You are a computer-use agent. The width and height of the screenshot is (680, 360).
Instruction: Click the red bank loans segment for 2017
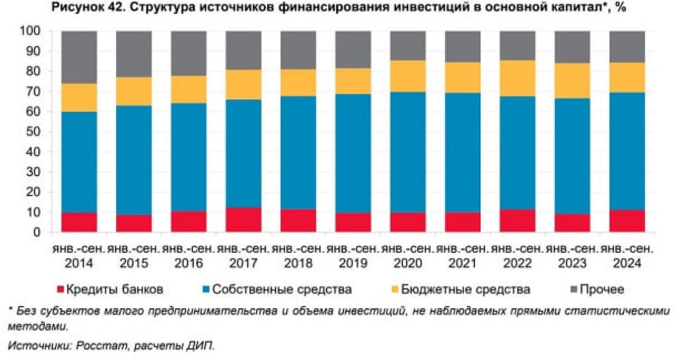click(x=243, y=220)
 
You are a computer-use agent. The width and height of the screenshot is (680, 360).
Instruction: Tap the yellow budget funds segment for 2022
click(x=517, y=78)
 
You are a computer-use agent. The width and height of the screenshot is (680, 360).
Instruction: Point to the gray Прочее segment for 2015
click(x=134, y=54)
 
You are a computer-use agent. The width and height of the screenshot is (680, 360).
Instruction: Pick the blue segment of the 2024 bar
click(x=627, y=151)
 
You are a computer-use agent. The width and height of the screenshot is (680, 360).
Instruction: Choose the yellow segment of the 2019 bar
click(x=353, y=81)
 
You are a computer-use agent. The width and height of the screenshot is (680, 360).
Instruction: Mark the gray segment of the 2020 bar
click(x=408, y=46)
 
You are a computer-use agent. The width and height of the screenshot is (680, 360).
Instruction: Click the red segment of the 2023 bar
click(x=572, y=223)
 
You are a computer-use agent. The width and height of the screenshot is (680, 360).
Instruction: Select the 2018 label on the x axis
click(x=298, y=263)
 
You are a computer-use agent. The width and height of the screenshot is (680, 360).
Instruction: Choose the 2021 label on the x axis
click(x=462, y=263)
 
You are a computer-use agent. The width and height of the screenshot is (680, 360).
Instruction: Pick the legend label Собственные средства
click(x=282, y=289)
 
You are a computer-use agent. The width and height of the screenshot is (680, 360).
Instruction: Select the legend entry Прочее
click(x=602, y=289)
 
